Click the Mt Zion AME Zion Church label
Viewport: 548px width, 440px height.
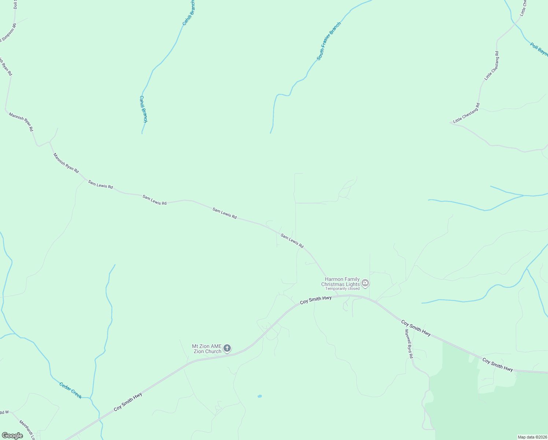click(207, 349)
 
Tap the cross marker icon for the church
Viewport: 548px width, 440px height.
click(227, 348)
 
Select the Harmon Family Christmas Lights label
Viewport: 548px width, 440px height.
click(340, 282)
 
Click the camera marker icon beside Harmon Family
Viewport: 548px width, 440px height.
click(365, 283)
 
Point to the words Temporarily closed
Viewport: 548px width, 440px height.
click(342, 289)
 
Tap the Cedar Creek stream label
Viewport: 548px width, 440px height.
click(70, 390)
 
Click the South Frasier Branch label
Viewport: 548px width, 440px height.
click(329, 41)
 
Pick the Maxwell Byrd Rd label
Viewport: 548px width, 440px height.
click(409, 344)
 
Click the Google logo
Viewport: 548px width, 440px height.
click(12, 435)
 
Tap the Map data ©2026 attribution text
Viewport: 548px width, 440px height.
click(532, 437)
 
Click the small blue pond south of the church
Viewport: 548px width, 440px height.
click(260, 396)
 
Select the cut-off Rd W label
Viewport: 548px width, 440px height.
click(4, 412)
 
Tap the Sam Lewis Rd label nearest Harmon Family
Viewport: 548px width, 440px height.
click(292, 241)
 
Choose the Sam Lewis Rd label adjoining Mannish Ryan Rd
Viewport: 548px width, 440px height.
click(100, 184)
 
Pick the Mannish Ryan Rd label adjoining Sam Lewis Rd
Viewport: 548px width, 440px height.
click(66, 163)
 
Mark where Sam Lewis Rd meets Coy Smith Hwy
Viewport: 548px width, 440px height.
click(337, 296)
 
